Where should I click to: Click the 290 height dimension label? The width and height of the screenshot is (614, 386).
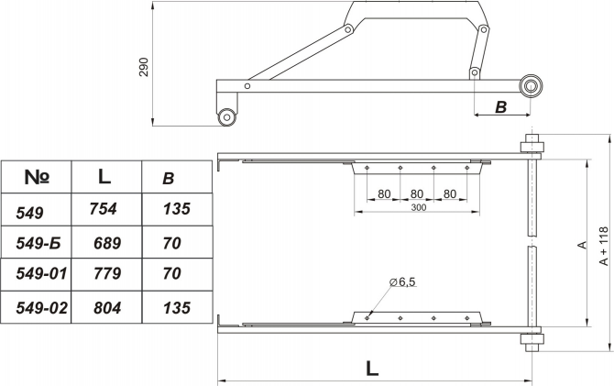click(x=144, y=67)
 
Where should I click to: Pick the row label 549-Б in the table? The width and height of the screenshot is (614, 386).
click(x=38, y=243)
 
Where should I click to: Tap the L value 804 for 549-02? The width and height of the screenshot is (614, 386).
click(x=107, y=308)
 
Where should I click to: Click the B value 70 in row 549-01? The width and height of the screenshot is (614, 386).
click(x=172, y=273)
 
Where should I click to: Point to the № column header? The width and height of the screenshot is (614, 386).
click(x=37, y=177)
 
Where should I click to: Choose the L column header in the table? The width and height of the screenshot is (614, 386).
click(x=104, y=176)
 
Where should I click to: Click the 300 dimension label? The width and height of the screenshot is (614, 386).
click(x=419, y=207)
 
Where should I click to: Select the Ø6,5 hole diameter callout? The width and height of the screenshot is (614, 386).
click(x=402, y=281)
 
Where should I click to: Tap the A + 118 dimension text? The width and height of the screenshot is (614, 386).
click(x=604, y=246)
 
